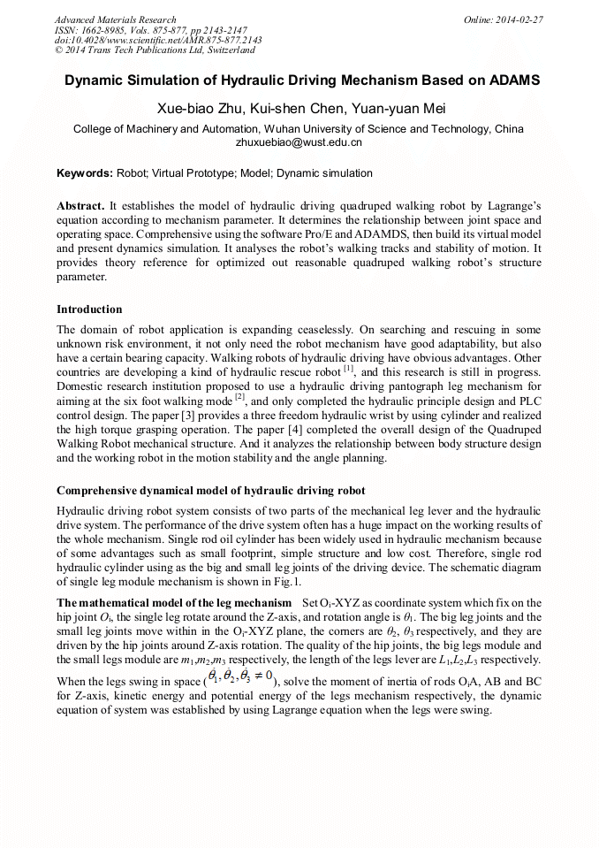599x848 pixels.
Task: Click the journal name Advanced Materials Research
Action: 115,19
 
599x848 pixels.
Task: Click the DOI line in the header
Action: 158,41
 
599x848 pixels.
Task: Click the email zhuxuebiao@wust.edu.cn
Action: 299,141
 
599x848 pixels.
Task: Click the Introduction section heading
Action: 89,309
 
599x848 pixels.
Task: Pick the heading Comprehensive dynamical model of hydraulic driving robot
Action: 210,491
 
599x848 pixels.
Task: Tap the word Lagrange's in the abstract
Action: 511,205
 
